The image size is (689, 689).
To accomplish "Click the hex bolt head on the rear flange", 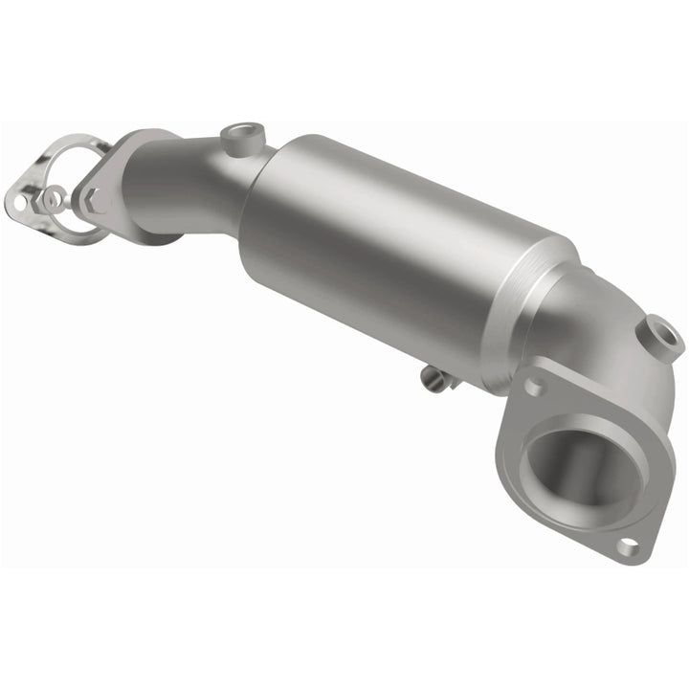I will click(95, 200).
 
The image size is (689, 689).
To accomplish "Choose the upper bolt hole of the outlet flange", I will click(532, 385).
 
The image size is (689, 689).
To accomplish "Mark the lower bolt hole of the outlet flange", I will click(627, 545).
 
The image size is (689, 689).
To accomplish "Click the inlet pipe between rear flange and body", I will click(182, 191).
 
